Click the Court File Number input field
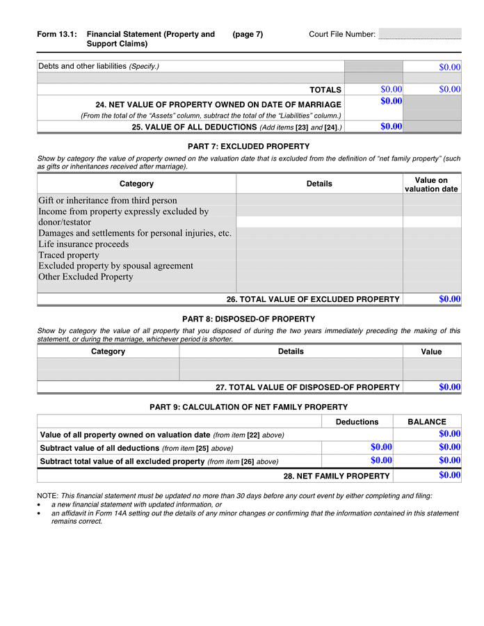[x=419, y=34]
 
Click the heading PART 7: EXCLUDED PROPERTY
[x=248, y=147]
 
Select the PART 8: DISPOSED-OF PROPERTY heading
[x=248, y=319]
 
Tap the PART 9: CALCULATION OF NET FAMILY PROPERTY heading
[x=248, y=407]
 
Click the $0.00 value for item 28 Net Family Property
[x=449, y=476]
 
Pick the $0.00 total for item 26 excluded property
[x=449, y=299]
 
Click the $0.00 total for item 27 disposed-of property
[x=449, y=387]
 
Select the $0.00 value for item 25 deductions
[x=392, y=127]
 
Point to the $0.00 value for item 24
[x=392, y=102]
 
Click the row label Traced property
[x=69, y=255]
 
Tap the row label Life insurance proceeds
[x=83, y=244]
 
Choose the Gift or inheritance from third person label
[x=108, y=201]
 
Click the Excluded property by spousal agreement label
[x=115, y=266]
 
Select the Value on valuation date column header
[x=431, y=184]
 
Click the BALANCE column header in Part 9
[x=426, y=422]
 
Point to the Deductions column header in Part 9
[x=357, y=422]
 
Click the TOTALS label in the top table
[x=325, y=90]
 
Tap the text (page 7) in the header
[x=248, y=35]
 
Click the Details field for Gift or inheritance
[x=319, y=200]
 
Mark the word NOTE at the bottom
[x=47, y=496]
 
